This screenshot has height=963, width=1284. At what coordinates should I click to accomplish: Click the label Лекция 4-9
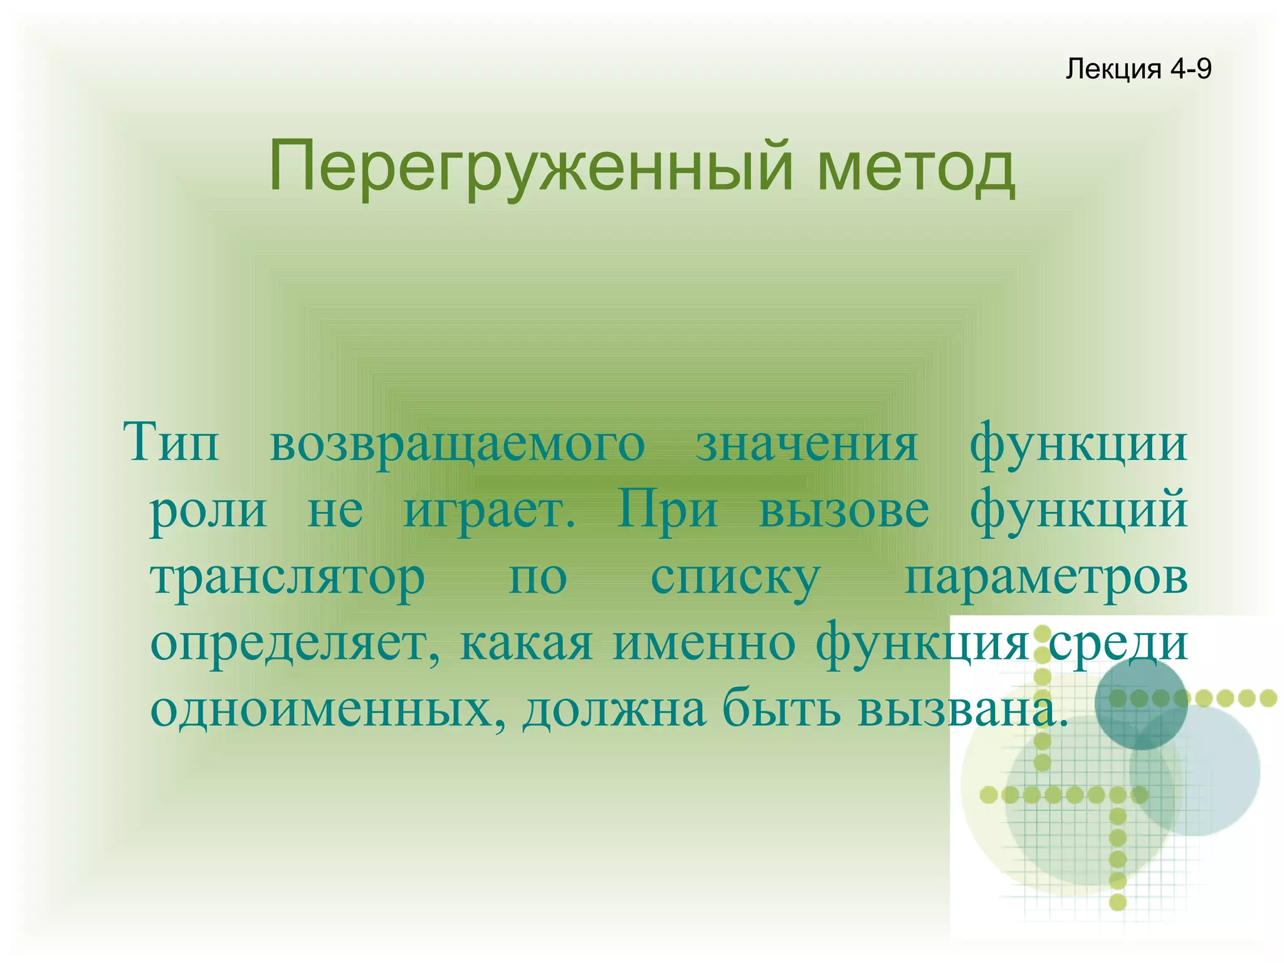(x=1138, y=68)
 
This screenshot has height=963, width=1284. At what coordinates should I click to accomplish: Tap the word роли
(x=209, y=511)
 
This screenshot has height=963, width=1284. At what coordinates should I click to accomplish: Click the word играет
(x=489, y=511)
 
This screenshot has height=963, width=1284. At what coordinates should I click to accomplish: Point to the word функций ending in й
(x=1078, y=511)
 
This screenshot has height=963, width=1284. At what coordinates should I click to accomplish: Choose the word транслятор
(x=288, y=578)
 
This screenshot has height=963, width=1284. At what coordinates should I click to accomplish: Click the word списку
(x=735, y=578)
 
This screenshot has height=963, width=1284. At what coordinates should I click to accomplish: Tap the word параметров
(x=1046, y=578)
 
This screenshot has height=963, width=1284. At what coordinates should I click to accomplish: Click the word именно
(x=704, y=644)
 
